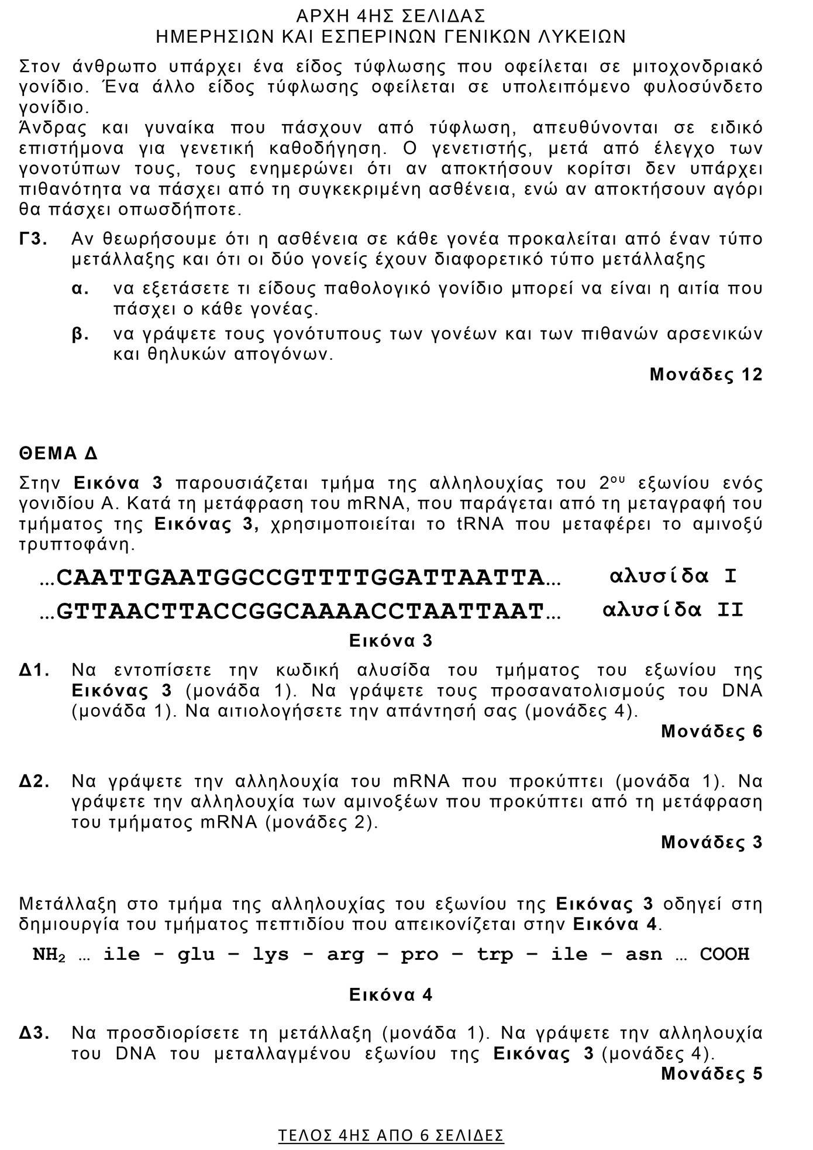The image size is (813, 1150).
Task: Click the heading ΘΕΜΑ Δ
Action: [58, 454]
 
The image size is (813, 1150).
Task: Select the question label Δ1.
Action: [34, 670]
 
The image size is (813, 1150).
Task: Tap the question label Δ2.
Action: [34, 781]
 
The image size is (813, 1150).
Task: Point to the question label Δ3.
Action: [34, 1033]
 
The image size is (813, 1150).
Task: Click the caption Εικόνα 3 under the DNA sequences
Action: [391, 641]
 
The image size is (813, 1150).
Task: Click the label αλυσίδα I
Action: [673, 576]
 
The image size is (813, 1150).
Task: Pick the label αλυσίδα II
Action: [673, 610]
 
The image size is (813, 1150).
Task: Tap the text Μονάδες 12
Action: [706, 375]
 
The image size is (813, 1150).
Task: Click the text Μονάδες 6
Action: [712, 732]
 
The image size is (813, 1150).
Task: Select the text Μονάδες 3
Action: [712, 842]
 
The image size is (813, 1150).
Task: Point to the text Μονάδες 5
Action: [712, 1074]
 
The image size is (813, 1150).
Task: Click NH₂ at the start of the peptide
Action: [49, 955]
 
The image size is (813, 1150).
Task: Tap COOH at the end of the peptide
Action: [725, 955]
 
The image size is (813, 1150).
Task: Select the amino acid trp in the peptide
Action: [495, 955]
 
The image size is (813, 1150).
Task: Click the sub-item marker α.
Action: [80, 289]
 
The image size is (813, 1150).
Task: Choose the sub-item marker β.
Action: [80, 334]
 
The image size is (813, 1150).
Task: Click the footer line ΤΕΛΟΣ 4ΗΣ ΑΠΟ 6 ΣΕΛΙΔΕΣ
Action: [391, 1135]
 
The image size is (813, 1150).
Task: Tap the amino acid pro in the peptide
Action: [420, 955]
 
